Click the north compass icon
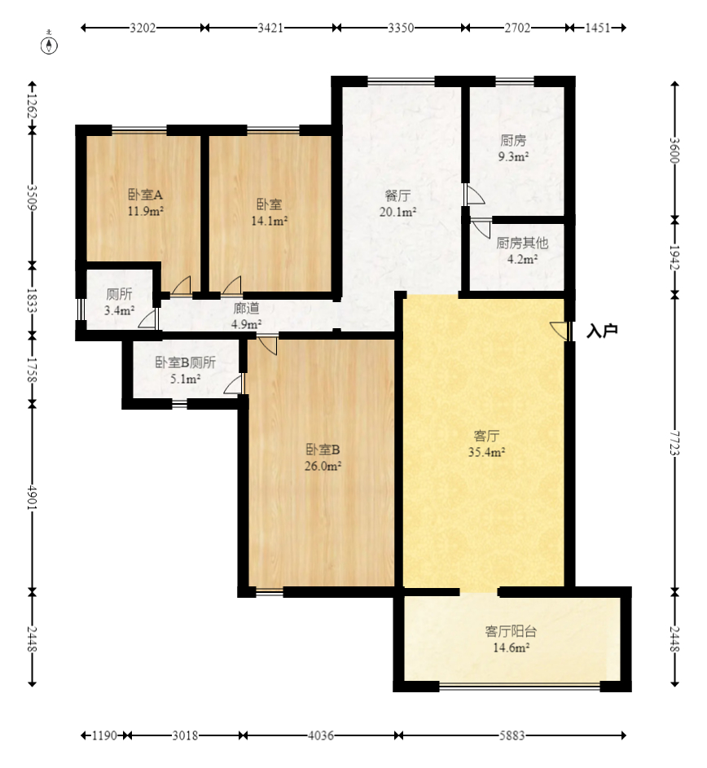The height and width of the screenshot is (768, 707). (49, 44)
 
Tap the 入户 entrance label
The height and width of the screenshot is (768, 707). (602, 331)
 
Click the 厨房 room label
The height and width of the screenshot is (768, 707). (513, 141)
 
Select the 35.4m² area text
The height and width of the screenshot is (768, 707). (486, 451)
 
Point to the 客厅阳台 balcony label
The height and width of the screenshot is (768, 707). (511, 631)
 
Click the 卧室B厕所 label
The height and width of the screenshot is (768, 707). (185, 362)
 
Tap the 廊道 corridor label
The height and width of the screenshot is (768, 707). (246, 308)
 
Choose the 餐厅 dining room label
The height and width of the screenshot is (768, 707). (397, 196)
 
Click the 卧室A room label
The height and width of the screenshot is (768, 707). (145, 195)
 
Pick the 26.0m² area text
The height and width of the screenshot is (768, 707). (323, 466)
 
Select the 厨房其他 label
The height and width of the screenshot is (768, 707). (522, 243)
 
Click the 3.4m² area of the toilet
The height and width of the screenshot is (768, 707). (119, 310)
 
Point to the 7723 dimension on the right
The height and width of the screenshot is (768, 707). (674, 443)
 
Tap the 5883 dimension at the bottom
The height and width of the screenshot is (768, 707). (512, 735)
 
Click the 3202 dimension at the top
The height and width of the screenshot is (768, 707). (143, 28)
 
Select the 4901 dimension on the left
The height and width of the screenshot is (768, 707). (32, 498)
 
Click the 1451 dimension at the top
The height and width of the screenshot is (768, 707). (598, 28)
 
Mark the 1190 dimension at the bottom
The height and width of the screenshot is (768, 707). (105, 735)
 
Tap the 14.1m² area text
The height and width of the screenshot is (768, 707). (269, 221)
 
